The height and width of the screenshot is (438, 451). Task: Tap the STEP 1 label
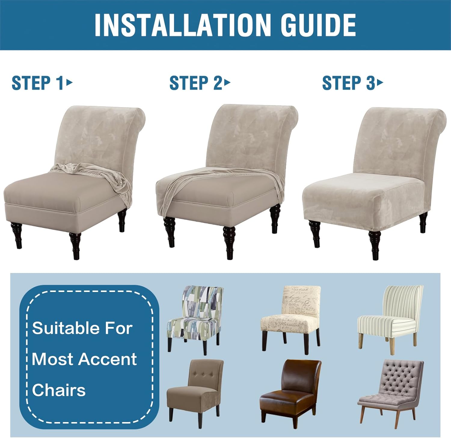tap(38, 83)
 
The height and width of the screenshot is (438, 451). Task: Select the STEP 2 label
tap(196, 83)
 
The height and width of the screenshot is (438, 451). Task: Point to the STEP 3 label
tap(348, 83)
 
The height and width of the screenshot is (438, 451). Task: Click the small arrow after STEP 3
tap(380, 82)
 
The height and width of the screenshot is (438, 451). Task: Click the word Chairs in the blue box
tap(59, 390)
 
